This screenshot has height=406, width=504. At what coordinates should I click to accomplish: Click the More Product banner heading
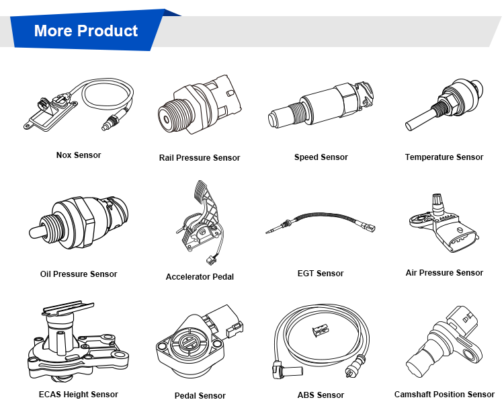tap(85, 31)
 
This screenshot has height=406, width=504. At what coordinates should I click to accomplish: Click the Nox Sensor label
tap(79, 155)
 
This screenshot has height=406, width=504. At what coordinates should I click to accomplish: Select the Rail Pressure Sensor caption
tap(200, 158)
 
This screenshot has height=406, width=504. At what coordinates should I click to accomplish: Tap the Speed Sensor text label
tap(321, 157)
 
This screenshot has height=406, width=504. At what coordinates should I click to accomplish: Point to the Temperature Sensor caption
tap(444, 157)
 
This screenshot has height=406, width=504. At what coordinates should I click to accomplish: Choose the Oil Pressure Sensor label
tap(79, 274)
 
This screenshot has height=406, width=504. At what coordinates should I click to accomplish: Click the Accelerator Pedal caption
tap(200, 277)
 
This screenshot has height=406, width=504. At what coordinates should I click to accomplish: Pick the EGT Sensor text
tap(321, 274)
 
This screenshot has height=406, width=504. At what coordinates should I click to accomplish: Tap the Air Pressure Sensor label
tap(444, 273)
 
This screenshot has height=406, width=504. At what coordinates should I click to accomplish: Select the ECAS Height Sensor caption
tap(79, 395)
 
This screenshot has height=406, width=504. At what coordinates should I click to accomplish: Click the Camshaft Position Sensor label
tap(444, 395)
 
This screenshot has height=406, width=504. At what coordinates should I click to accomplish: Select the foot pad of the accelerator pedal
tap(200, 191)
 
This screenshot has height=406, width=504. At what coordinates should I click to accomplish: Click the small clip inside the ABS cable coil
tap(320, 329)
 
